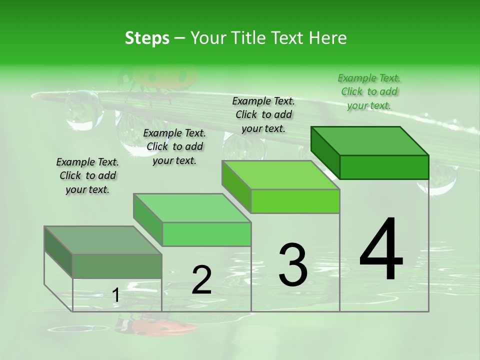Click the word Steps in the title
(147, 38)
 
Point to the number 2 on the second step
(201, 279)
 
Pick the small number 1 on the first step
(115, 295)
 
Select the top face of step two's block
(192, 208)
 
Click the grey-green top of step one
(103, 240)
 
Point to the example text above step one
(87, 175)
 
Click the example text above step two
(174, 146)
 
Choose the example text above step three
(263, 114)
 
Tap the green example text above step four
(369, 91)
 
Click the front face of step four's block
(384, 167)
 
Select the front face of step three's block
(295, 201)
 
